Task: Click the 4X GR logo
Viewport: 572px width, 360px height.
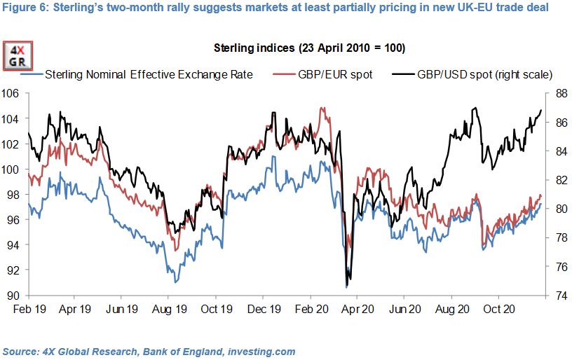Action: tap(16, 56)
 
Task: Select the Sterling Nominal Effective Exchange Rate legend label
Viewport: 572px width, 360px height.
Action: tap(147, 74)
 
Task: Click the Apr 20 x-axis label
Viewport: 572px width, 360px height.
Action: tap(356, 308)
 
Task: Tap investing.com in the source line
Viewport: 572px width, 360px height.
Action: tap(262, 351)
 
